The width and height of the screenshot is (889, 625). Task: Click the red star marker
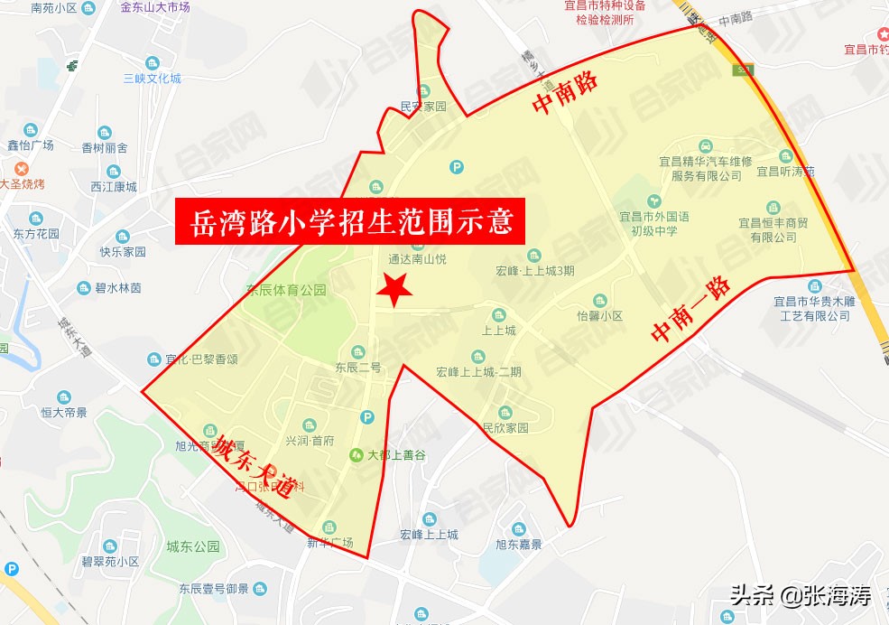[x=394, y=289]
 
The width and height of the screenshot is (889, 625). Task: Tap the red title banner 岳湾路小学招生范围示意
[x=350, y=222]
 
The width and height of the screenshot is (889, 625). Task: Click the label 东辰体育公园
[x=286, y=291]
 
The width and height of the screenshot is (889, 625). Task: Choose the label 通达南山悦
[x=417, y=258]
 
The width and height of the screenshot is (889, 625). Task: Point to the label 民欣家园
[x=505, y=427]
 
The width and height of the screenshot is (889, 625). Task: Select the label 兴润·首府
[x=310, y=440]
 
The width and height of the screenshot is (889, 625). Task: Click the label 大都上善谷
[x=389, y=454]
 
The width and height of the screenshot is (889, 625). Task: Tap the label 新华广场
[x=329, y=542]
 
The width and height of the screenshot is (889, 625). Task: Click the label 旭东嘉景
[x=519, y=544]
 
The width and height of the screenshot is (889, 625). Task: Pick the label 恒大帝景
[x=64, y=412]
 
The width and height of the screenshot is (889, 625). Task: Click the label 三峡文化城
[x=153, y=78]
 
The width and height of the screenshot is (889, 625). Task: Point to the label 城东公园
[x=193, y=546]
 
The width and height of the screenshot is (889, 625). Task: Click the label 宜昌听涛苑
[x=785, y=171]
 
